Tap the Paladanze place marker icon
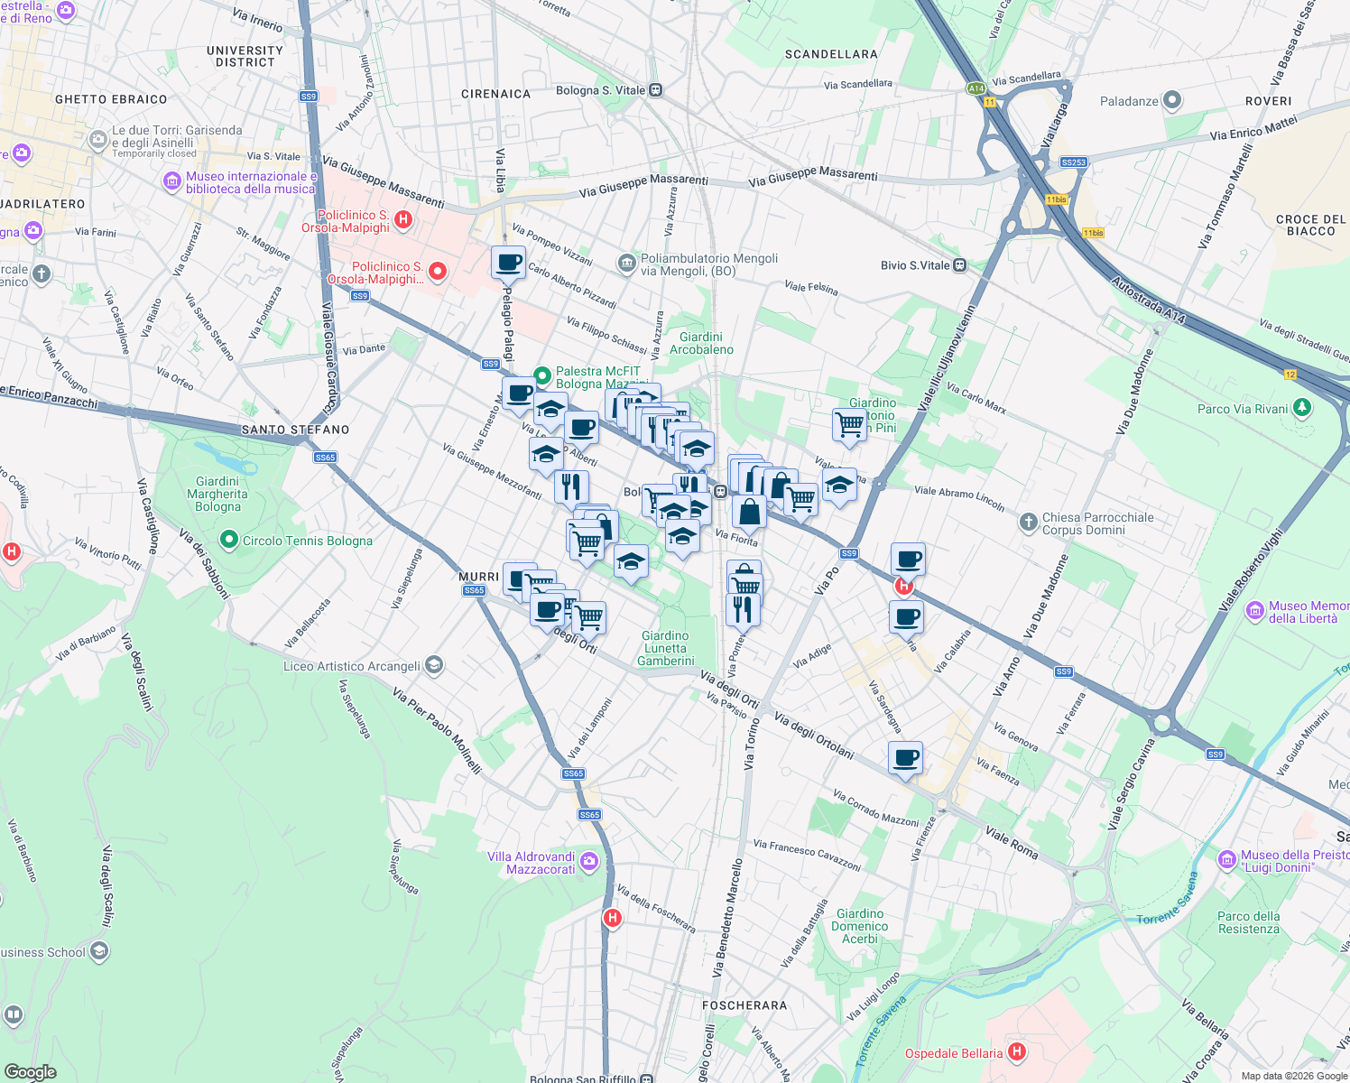click(x=1172, y=100)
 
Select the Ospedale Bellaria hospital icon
click(x=1017, y=1051)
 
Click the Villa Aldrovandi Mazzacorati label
click(x=531, y=863)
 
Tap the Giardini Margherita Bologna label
click(x=217, y=494)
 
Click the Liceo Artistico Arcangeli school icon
click(x=434, y=666)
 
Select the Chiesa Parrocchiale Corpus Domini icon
click(x=1028, y=523)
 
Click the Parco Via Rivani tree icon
click(x=1301, y=408)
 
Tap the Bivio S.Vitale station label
click(x=915, y=265)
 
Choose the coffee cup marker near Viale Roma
click(x=905, y=758)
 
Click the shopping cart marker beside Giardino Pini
click(x=849, y=424)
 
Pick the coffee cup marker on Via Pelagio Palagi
click(x=509, y=263)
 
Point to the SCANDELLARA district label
click(x=831, y=54)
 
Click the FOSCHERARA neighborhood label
click(x=744, y=1004)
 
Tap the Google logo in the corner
click(x=30, y=1071)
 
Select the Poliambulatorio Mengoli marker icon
click(x=626, y=264)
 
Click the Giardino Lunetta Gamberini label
click(x=666, y=648)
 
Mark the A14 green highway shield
click(x=976, y=88)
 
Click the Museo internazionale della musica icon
click(x=171, y=182)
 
